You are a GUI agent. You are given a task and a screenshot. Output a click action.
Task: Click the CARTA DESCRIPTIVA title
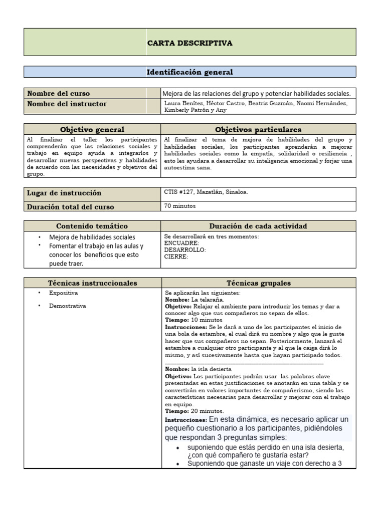click(189, 43)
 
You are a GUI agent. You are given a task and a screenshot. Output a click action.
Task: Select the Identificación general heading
click(189, 72)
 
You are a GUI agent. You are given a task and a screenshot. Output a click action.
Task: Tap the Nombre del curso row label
click(59, 93)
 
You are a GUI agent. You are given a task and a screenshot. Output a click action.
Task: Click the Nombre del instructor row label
click(67, 104)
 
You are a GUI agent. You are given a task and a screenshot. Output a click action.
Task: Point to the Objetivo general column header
click(92, 130)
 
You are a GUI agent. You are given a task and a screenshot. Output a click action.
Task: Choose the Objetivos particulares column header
click(258, 130)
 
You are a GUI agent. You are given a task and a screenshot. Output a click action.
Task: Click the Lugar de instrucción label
click(64, 193)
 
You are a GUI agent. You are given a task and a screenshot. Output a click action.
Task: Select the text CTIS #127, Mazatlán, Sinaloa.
click(206, 192)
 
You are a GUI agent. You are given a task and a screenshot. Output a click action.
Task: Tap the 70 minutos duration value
click(179, 205)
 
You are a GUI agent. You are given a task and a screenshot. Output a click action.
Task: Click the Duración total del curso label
click(71, 206)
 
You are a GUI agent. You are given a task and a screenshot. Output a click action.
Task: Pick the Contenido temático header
click(92, 226)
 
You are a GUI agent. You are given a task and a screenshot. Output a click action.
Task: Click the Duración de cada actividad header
click(258, 226)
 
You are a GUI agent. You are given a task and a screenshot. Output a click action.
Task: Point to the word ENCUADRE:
click(181, 243)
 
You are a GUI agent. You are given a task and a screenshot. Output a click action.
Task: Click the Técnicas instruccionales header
click(92, 283)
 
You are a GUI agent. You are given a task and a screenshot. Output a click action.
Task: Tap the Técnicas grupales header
click(258, 283)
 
